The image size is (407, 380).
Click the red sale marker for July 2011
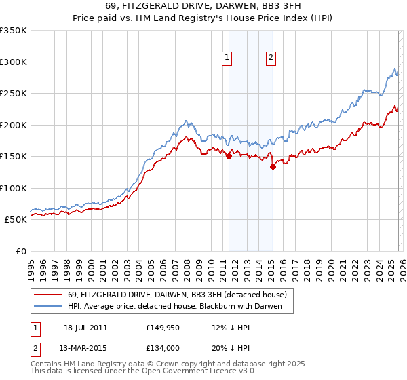(229, 156)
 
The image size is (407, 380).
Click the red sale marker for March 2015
(272, 166)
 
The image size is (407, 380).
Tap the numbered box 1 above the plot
(226, 58)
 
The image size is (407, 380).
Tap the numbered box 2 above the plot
(271, 58)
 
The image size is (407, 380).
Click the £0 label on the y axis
(20, 251)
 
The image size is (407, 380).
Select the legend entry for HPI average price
(180, 307)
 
